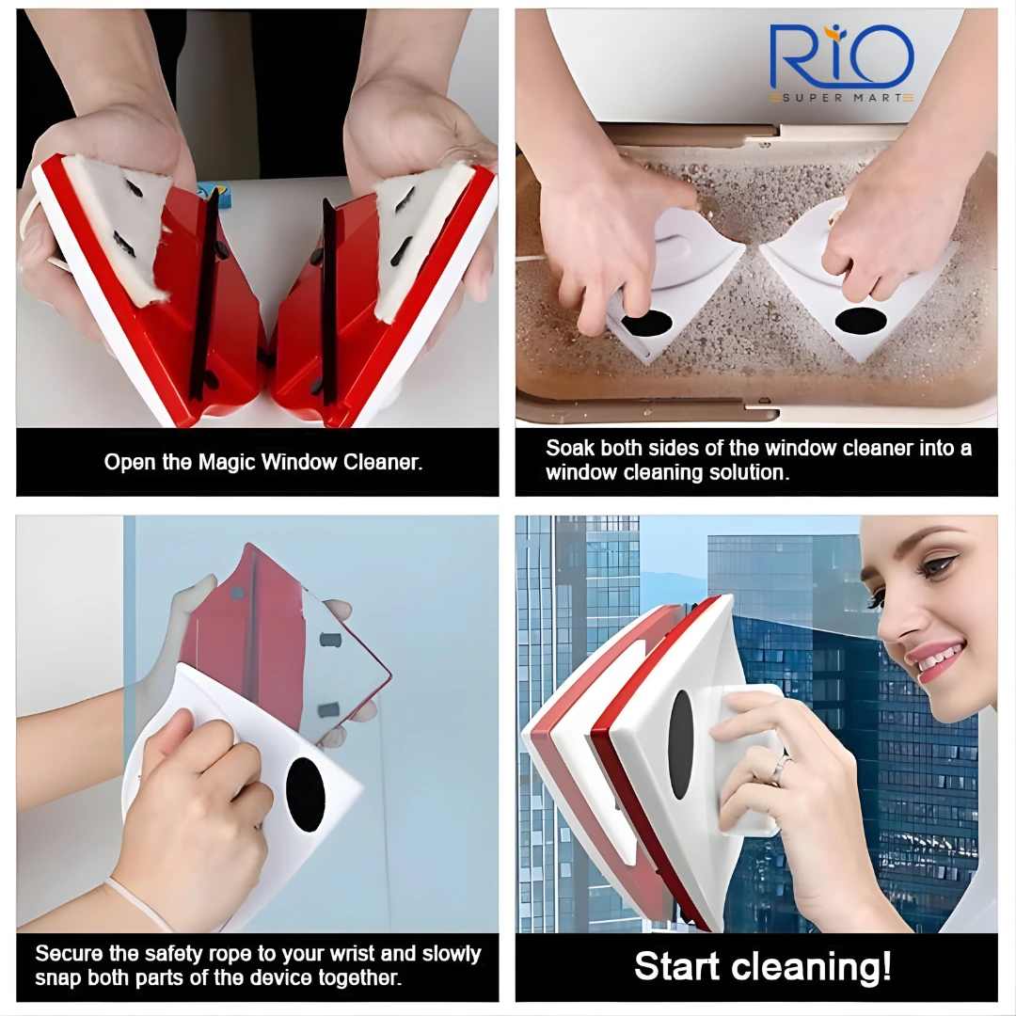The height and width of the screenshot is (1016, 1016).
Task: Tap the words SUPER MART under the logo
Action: pyautogui.click(x=842, y=98)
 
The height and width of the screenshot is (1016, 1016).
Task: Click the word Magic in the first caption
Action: pyautogui.click(x=227, y=462)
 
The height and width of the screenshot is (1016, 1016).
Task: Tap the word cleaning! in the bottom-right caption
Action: pyautogui.click(x=817, y=967)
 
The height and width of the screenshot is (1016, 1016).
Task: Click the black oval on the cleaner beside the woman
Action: pyautogui.click(x=680, y=744)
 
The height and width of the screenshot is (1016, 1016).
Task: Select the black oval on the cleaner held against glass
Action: pyautogui.click(x=305, y=794)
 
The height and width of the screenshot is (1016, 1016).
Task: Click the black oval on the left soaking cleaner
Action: pyautogui.click(x=646, y=322)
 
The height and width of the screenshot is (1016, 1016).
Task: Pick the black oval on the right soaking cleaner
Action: pyautogui.click(x=861, y=320)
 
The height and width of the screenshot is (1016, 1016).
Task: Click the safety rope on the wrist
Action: pyautogui.click(x=137, y=900)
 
